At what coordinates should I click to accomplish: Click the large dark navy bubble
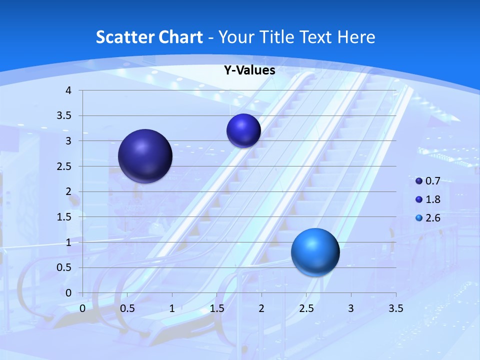point(145,156)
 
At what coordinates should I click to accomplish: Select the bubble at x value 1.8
point(243,130)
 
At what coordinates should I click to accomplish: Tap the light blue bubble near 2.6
point(315,252)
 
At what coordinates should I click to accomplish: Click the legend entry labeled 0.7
point(428,180)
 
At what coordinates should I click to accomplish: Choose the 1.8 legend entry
point(428,199)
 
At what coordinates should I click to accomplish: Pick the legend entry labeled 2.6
point(428,218)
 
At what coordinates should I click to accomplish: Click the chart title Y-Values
point(249,70)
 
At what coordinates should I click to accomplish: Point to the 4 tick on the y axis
point(69,90)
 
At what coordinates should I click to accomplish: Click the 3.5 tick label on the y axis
point(65,116)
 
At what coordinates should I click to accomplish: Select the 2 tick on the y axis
point(69,191)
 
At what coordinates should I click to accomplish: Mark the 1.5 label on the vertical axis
point(65,217)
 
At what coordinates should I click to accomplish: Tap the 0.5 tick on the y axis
point(65,267)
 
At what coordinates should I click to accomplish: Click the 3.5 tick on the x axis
point(395,308)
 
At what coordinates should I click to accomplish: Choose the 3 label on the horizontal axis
point(351,308)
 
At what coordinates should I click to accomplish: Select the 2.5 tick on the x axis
point(306,308)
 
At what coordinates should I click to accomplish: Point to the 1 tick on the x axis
point(172,308)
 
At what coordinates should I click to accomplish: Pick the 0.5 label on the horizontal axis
point(127,308)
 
